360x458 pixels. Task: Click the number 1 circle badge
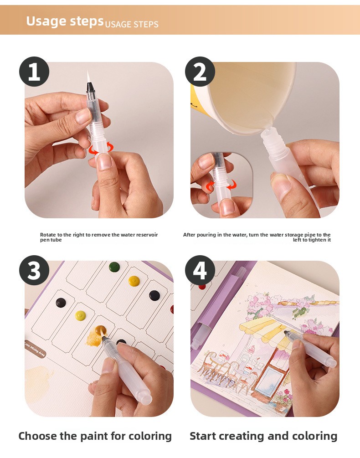pyautogui.click(x=34, y=72)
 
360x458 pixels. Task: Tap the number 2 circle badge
pyautogui.click(x=200, y=72)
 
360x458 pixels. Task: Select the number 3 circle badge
pyautogui.click(x=34, y=270)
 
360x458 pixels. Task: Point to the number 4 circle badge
pyautogui.click(x=200, y=270)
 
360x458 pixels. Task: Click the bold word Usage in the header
pyautogui.click(x=46, y=21)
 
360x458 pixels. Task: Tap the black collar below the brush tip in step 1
pyautogui.click(x=90, y=87)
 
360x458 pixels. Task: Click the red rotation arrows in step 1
pyautogui.click(x=101, y=148)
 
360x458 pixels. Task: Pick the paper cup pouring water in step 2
pyautogui.click(x=244, y=97)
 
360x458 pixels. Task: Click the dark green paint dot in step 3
pyautogui.click(x=114, y=267)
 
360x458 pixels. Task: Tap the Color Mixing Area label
pyautogui.click(x=35, y=350)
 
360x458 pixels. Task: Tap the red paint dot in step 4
pyautogui.click(x=202, y=287)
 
